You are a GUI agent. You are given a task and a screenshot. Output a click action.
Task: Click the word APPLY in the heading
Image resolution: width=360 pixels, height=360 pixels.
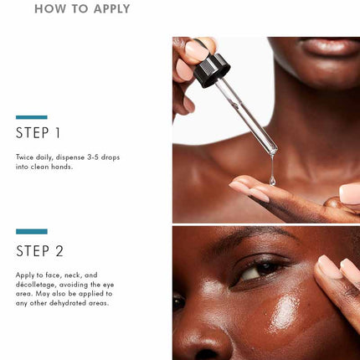coord(112,8)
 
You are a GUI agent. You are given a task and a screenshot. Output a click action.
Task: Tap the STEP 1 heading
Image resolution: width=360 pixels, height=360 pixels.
coord(38,133)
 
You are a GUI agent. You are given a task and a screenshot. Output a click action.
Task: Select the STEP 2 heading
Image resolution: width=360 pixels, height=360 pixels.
coord(39,251)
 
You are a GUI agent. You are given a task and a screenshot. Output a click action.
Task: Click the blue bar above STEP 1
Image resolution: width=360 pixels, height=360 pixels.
coord(32,117)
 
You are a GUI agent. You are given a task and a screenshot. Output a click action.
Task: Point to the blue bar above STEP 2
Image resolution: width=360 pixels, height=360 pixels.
coord(32,231)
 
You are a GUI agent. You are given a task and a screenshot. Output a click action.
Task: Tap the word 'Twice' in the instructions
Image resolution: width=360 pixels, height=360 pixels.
coord(24,157)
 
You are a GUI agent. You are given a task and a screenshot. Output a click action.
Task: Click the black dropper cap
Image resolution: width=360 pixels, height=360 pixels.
coord(212,70)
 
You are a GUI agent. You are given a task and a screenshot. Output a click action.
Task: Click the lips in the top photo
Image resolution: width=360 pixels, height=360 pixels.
coord(332,46)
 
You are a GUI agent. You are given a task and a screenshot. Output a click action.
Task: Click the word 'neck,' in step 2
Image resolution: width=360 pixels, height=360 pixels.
coord(74,275)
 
